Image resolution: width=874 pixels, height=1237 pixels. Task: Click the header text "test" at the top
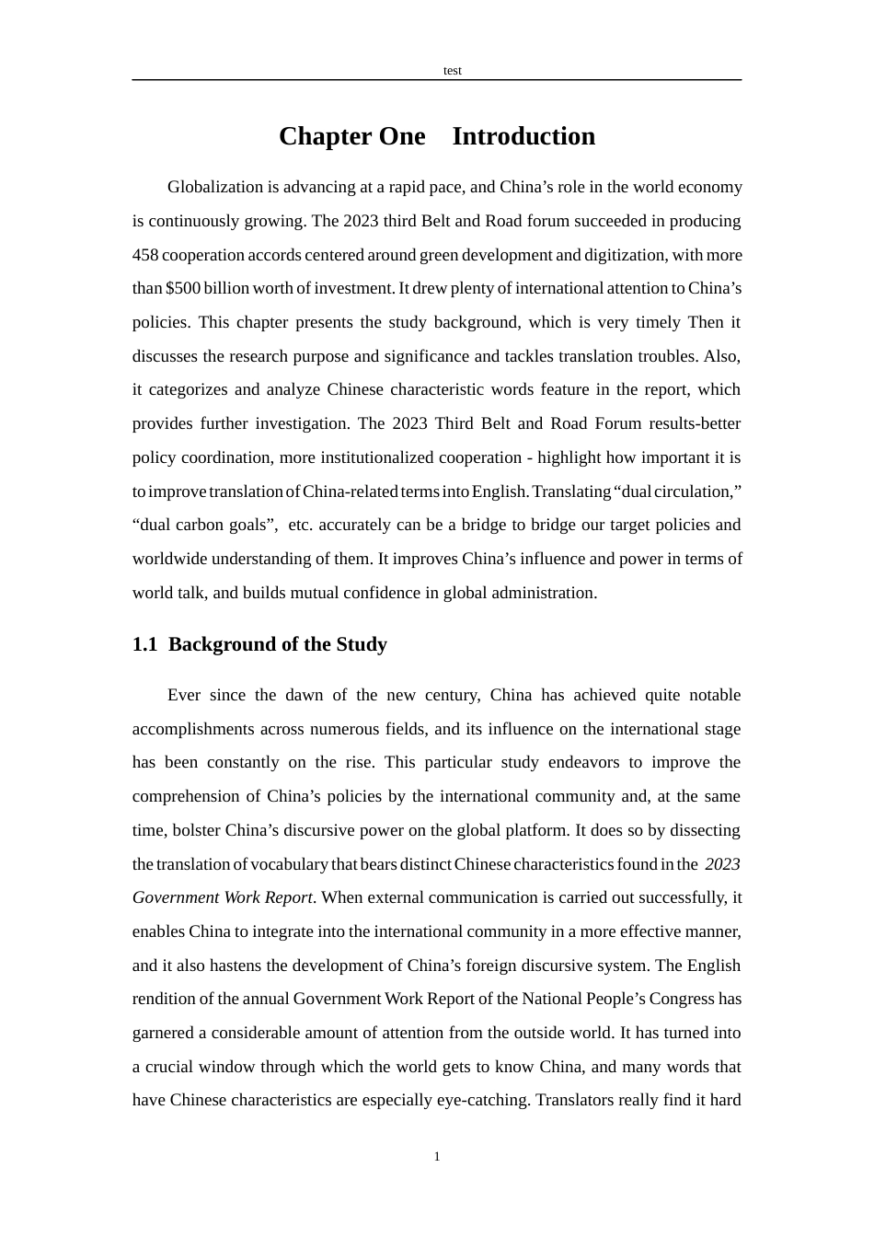pos(452,71)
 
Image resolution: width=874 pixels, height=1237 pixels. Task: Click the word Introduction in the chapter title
pos(523,136)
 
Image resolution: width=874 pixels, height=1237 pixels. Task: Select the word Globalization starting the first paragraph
pos(215,187)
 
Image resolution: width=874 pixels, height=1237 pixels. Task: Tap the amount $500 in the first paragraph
pos(182,288)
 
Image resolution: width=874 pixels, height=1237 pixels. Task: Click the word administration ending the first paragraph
pos(546,593)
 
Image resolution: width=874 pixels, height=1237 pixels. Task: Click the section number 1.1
pos(144,644)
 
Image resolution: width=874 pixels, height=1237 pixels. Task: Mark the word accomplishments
pos(193,729)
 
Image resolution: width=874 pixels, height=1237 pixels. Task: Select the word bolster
pos(195,830)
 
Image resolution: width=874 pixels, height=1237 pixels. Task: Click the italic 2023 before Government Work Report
pos(722,864)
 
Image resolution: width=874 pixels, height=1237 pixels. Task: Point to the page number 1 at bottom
pos(437,1157)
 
